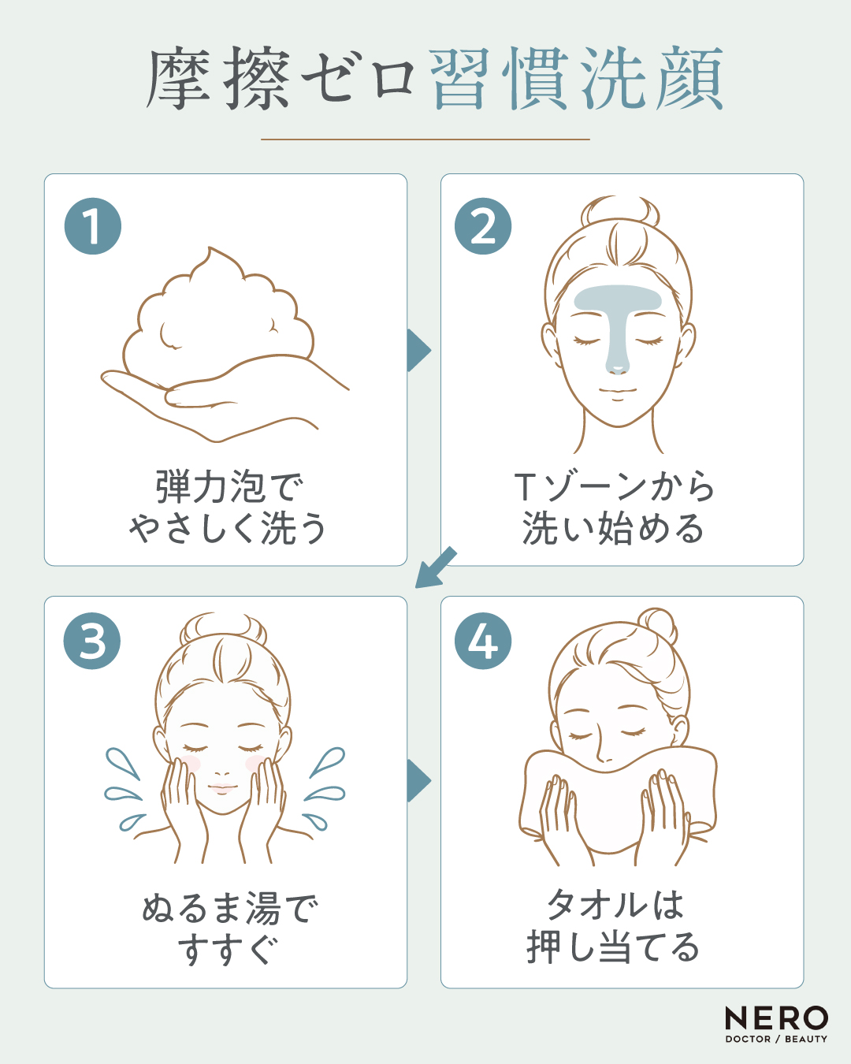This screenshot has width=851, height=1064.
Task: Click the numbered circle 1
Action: tap(93, 226)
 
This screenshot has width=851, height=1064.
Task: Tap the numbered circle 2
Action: tap(483, 226)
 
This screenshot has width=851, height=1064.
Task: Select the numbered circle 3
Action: tap(92, 642)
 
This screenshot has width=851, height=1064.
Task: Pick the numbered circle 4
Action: tap(483, 642)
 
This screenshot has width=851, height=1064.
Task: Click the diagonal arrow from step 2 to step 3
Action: tap(435, 568)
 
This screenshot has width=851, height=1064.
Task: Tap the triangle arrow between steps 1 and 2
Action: tap(418, 350)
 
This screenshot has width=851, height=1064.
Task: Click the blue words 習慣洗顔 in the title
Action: tap(577, 78)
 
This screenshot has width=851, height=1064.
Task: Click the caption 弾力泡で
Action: tap(229, 487)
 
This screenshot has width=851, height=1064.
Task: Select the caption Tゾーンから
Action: tap(615, 487)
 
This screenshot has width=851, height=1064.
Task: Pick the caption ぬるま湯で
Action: tap(230, 907)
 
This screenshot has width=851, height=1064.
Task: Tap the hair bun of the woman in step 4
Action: tap(657, 627)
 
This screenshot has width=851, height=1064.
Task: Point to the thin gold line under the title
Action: tap(425, 140)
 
